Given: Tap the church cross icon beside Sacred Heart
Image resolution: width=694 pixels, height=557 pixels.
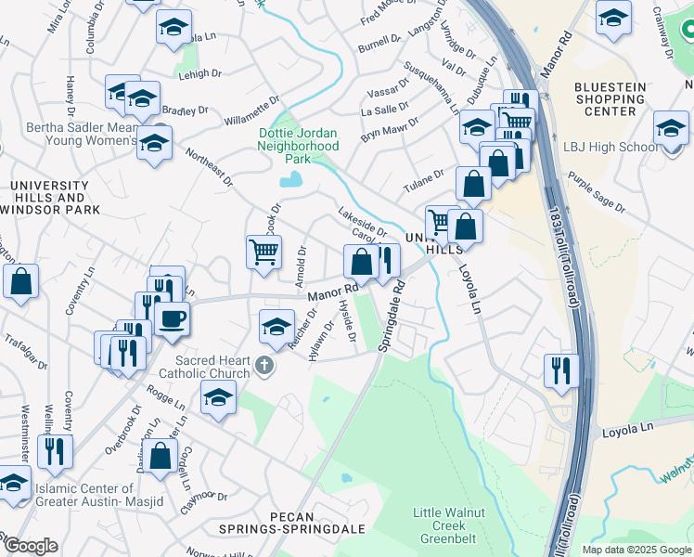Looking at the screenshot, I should [264, 366].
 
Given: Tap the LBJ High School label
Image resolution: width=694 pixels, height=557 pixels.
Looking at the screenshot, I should [611, 147].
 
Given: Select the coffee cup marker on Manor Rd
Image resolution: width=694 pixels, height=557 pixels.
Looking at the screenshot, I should [171, 319].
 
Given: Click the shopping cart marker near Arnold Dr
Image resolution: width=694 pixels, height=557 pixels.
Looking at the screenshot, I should [264, 251].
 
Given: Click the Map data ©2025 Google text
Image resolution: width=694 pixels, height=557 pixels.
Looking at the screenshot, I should [637, 550].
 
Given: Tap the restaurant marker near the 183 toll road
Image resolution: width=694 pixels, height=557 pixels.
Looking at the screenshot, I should [561, 369].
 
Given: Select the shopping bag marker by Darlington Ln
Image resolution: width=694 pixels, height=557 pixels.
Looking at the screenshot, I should [161, 457].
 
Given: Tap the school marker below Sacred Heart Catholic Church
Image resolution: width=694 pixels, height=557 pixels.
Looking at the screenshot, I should [218, 399].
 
